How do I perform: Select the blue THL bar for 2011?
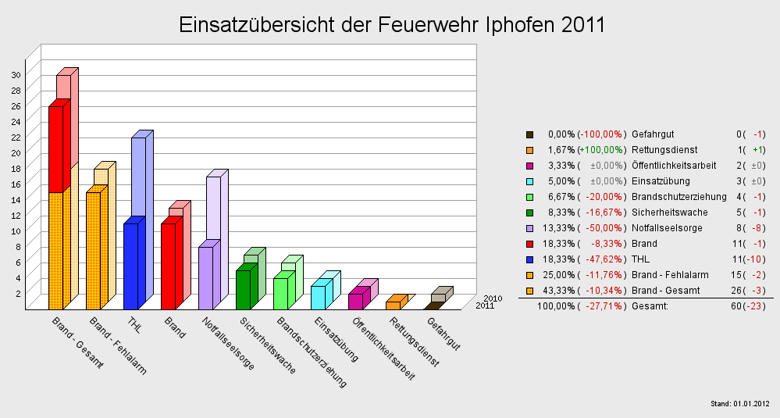130,266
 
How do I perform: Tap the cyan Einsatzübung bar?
318,297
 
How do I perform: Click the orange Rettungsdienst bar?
393,305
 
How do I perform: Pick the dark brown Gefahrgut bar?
430,305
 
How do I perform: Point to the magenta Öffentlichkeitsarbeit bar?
355,301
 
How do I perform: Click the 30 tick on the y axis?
16,74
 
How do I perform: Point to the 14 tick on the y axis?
16,199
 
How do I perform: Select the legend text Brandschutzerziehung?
678,197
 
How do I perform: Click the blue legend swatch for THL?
530,259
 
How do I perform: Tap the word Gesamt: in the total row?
650,306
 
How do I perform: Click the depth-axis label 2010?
492,298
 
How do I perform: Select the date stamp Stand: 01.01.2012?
740,404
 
